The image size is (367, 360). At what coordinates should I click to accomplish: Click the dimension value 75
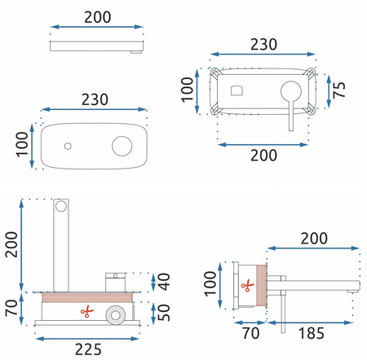[x=343, y=87]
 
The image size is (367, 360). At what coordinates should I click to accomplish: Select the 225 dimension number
[x=82, y=349]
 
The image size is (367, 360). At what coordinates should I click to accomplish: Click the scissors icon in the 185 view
[x=245, y=285]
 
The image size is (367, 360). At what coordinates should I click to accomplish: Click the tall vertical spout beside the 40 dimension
[x=61, y=244]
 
